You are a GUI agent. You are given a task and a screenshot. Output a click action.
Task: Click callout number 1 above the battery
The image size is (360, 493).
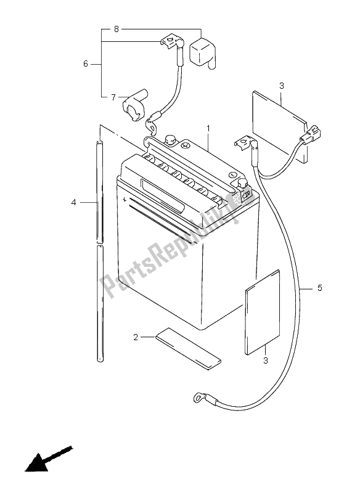coord(209,129)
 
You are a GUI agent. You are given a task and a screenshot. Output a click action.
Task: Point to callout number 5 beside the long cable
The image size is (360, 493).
coord(319,287)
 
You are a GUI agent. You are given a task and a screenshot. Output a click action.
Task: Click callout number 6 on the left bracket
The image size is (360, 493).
coord(86,63)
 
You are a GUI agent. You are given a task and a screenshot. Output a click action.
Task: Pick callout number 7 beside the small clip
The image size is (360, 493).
coord(113,97)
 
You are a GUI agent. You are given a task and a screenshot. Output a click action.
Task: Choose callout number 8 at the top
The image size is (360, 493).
coord(116,29)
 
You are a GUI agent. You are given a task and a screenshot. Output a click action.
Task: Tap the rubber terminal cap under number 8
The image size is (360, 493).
coord(202,51)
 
